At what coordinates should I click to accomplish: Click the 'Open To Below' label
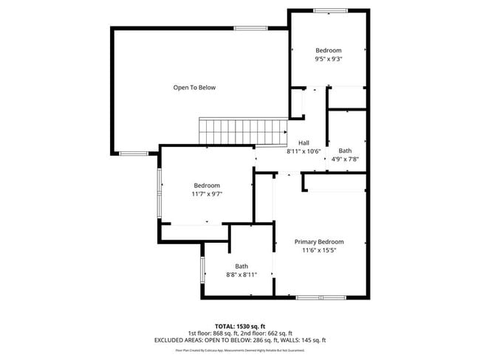tap(194, 88)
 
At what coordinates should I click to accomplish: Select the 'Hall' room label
tap(304, 143)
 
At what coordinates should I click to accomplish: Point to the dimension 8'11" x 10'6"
tap(304, 152)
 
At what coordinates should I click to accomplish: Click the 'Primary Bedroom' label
tap(319, 242)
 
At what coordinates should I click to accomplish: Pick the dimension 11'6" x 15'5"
tap(319, 251)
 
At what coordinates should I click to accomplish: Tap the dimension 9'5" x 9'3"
tap(328, 59)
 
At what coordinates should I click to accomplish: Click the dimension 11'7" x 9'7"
tap(207, 194)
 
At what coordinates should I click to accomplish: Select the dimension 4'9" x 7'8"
tap(345, 159)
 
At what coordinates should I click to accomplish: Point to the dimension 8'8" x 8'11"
tap(241, 274)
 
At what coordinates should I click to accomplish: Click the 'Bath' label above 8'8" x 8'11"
tap(241, 266)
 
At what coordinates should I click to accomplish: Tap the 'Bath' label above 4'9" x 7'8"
tap(345, 150)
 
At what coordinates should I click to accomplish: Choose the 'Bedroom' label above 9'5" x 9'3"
tap(328, 50)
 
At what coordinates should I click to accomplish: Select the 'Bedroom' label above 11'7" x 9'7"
tap(207, 185)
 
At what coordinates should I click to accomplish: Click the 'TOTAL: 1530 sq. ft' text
tap(241, 325)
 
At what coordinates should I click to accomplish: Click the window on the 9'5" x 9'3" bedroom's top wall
tap(329, 10)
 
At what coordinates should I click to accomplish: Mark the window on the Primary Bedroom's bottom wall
tap(320, 297)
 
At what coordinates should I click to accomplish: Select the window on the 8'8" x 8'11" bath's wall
tap(202, 270)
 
